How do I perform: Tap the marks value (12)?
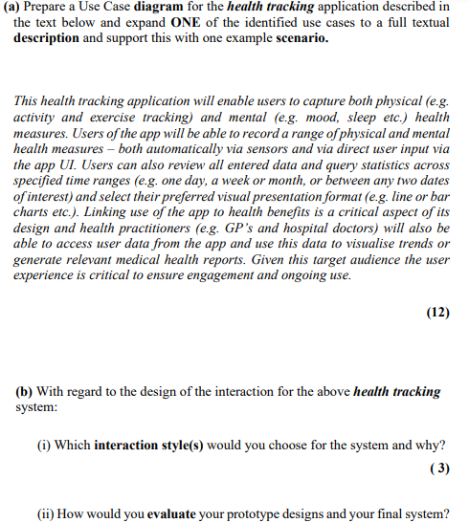[435, 312]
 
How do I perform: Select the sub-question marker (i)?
[42, 445]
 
